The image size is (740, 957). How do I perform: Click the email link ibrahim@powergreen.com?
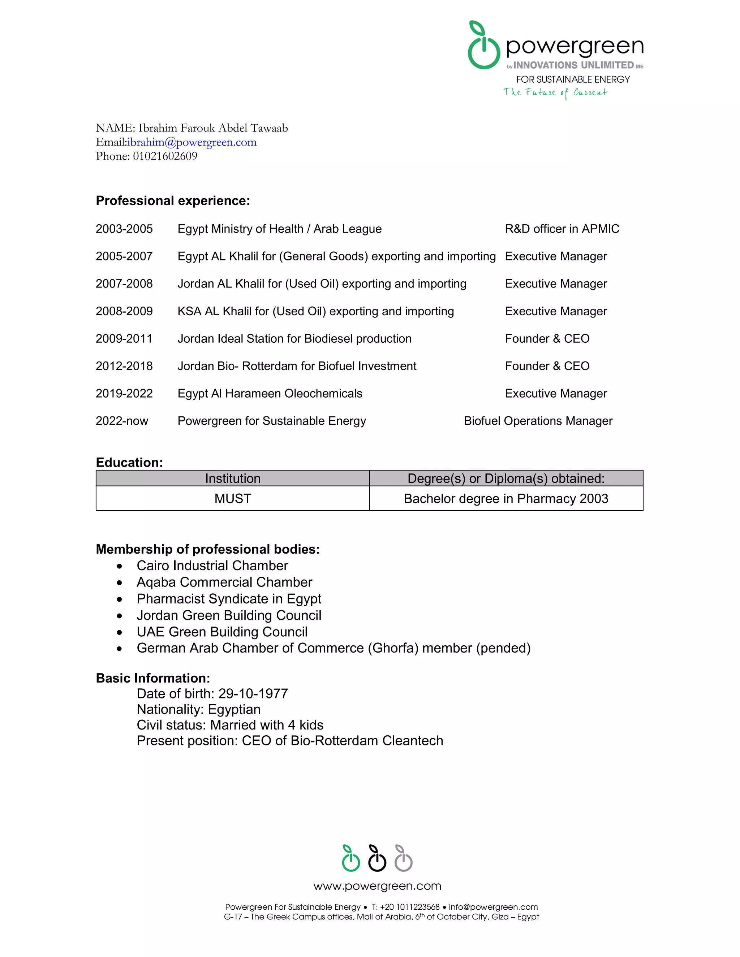point(192,142)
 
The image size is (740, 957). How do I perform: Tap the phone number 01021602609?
point(165,156)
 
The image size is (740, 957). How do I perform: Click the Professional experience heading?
point(173,201)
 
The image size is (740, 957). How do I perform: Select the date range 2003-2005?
point(124,229)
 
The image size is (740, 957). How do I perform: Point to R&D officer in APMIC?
point(562,229)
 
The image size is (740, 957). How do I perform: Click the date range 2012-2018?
point(124,366)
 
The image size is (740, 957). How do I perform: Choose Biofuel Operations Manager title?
point(538,421)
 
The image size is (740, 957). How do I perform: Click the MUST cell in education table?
point(232,499)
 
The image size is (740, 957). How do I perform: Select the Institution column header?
point(232,478)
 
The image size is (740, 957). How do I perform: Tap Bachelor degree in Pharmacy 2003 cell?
point(506,499)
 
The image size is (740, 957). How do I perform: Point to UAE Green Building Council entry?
point(222,632)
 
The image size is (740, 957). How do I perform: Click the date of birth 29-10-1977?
point(253,694)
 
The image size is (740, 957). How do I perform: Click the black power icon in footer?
point(377,858)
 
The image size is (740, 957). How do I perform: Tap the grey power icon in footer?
point(403,858)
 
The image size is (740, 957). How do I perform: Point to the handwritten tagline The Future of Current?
point(555,92)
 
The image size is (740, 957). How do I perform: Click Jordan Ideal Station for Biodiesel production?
point(294,339)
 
